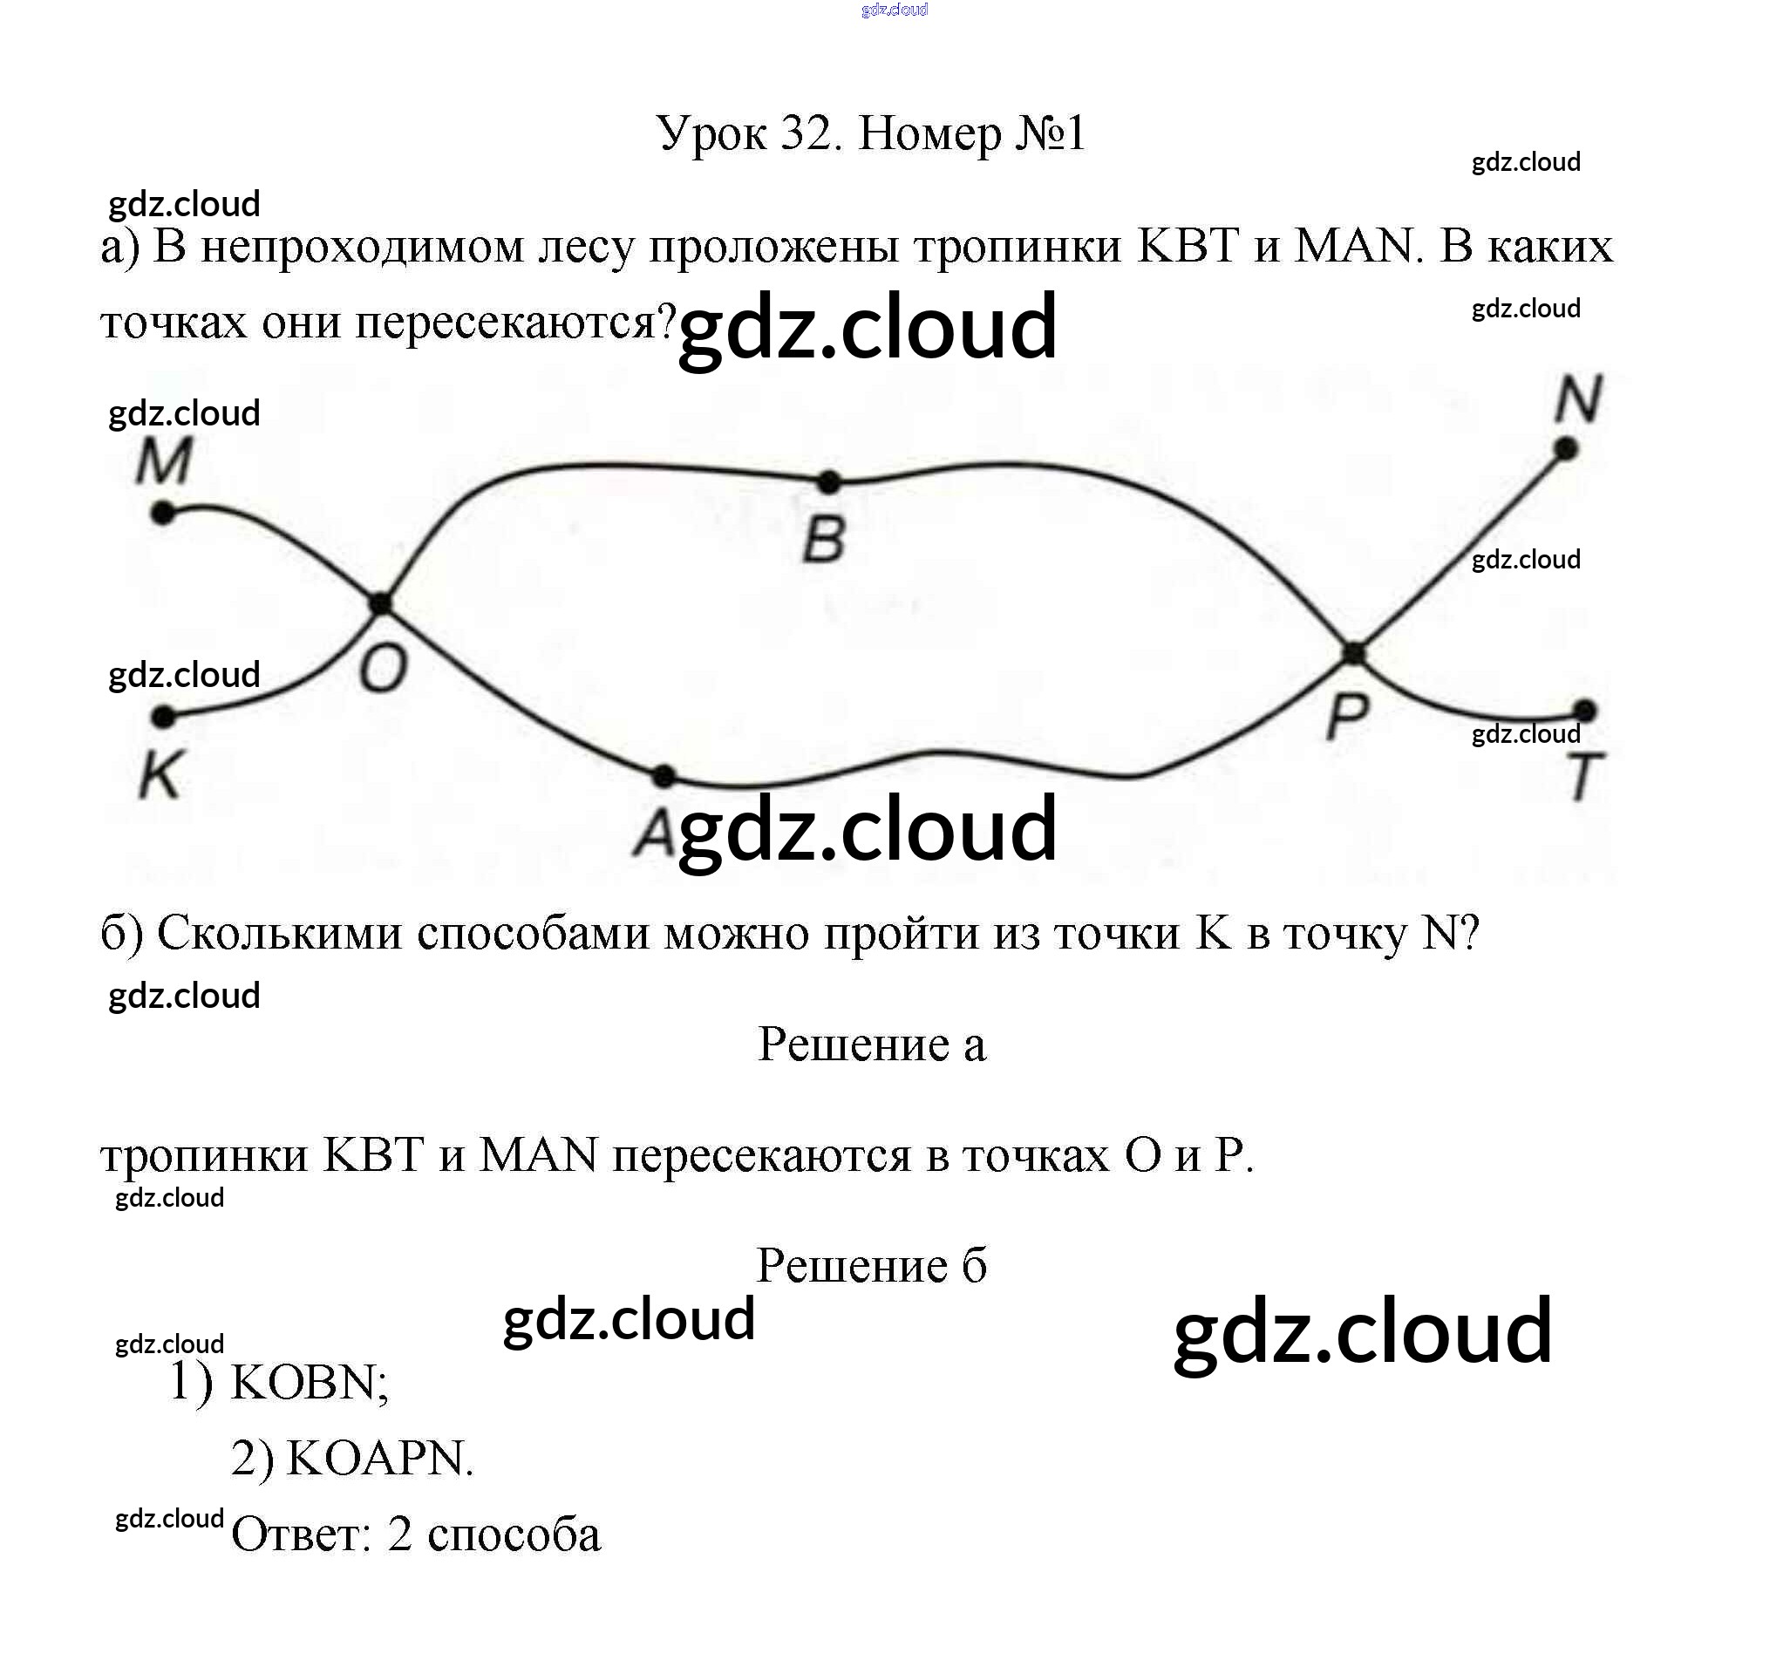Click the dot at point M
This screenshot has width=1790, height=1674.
[x=163, y=514]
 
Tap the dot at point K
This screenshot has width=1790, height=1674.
[x=163, y=717]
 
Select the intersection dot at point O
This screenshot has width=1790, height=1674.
[x=382, y=603]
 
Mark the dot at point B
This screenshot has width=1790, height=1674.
[x=828, y=483]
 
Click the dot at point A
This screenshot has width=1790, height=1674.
[x=664, y=775]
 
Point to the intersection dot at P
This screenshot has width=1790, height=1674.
[x=1353, y=654]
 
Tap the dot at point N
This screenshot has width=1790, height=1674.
[x=1566, y=448]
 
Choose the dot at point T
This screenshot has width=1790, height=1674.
[x=1586, y=711]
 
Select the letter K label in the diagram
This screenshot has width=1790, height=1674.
[x=161, y=774]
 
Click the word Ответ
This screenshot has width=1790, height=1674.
[x=301, y=1534]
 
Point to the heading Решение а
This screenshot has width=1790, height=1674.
[x=872, y=1045]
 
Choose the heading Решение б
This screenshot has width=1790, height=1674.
[x=872, y=1265]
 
